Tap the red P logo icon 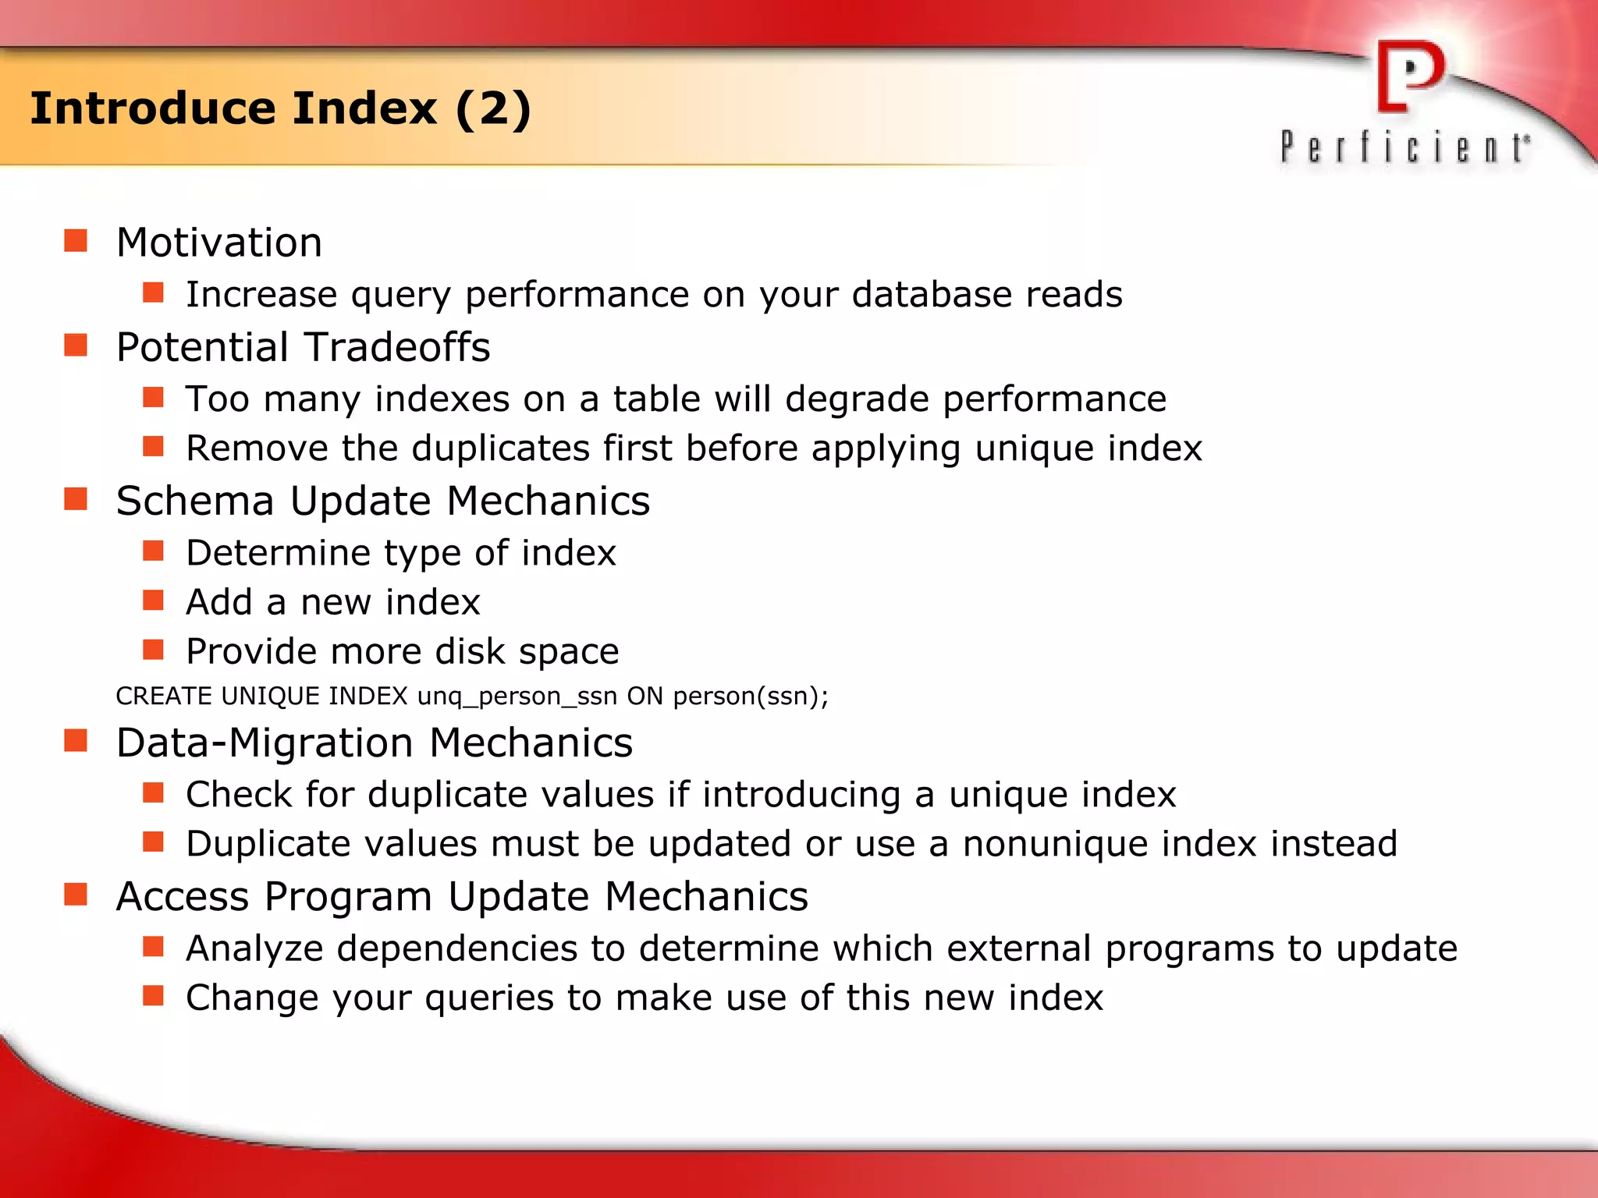[x=1410, y=77]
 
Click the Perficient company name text [x=1404, y=147]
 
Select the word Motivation [x=219, y=243]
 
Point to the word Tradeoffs [x=396, y=347]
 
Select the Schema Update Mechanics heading [x=382, y=501]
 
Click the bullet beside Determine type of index [x=153, y=551]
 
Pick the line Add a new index [x=332, y=602]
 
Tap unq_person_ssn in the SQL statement [x=517, y=696]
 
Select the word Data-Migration [x=265, y=743]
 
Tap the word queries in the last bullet [x=489, y=998]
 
